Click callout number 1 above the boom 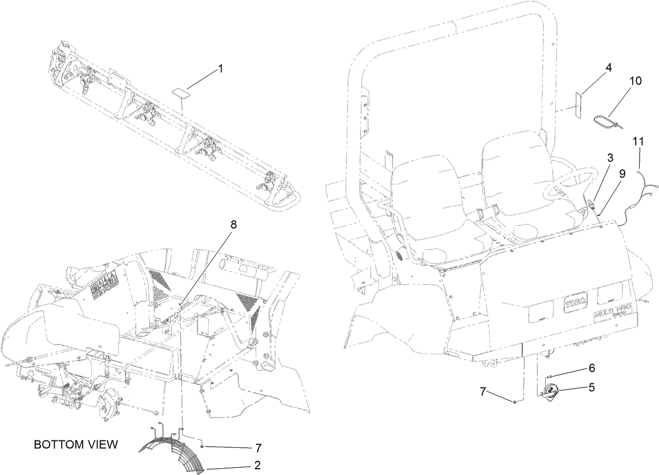[x=221, y=69]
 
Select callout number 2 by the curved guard [x=257, y=465]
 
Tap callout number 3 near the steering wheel [x=610, y=157]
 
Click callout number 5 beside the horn [x=591, y=388]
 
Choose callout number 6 [x=591, y=368]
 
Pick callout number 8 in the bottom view [x=233, y=224]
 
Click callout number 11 [x=638, y=141]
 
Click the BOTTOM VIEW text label [x=76, y=445]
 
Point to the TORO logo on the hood [x=575, y=303]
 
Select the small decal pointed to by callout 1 [x=181, y=92]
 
